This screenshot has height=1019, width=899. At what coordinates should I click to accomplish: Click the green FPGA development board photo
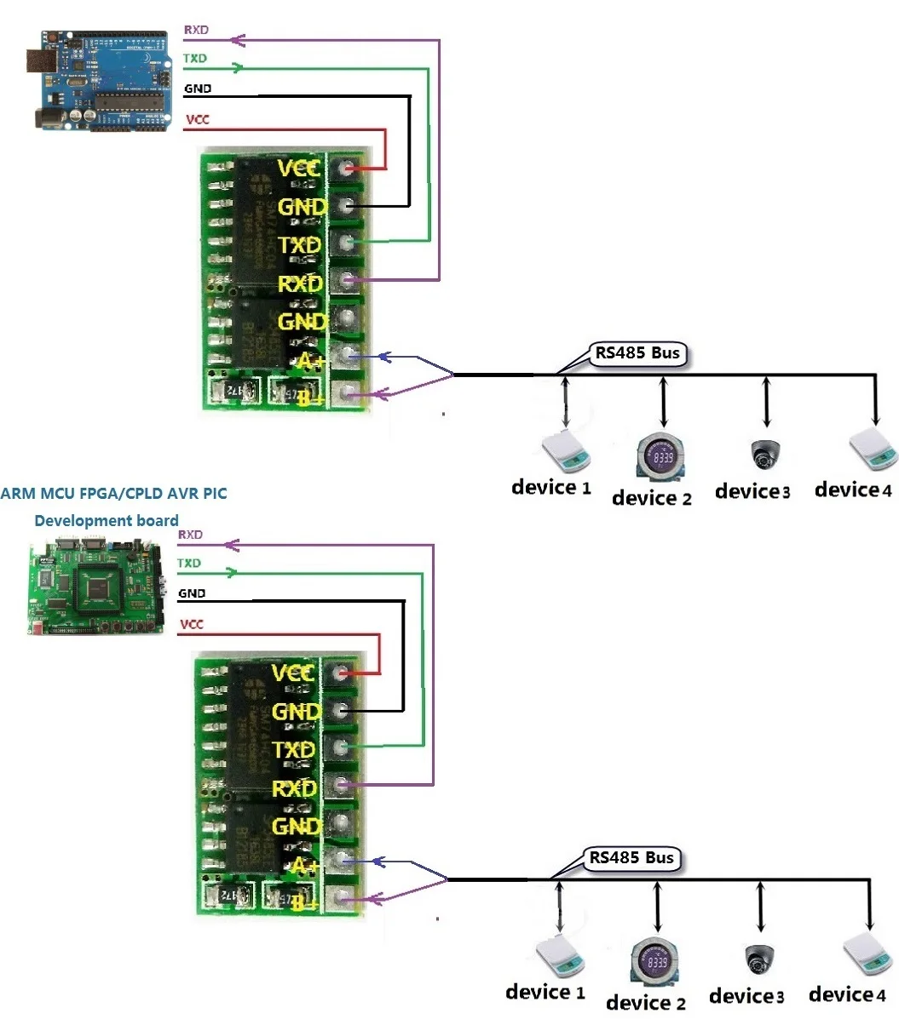point(96,587)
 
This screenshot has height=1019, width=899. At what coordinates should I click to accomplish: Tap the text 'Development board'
point(107,520)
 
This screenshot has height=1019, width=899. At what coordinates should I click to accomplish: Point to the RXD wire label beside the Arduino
point(196,31)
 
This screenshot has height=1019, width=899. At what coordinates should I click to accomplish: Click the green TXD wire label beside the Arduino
point(194,60)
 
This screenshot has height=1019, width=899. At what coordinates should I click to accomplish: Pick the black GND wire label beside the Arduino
point(198,89)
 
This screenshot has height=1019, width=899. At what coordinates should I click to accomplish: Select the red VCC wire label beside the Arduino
point(197,120)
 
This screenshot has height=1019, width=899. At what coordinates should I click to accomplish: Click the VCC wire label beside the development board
point(192,625)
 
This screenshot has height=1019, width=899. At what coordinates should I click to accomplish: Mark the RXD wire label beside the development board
point(190,535)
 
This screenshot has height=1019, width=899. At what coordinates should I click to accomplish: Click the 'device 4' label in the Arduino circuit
point(853,490)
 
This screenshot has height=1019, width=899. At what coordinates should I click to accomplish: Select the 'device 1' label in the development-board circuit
point(545,993)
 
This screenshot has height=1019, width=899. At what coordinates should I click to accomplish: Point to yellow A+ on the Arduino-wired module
point(310,360)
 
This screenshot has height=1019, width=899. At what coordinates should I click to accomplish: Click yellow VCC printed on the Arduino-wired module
point(300,168)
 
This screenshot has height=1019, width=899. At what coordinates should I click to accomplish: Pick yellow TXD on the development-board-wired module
point(294,750)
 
